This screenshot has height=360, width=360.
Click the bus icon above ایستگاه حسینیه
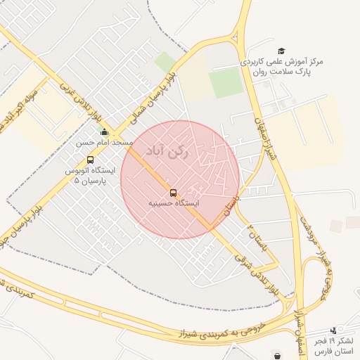pos(173,193)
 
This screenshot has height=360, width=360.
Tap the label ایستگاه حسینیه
pos(173,203)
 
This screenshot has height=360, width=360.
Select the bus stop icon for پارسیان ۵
pos(90,160)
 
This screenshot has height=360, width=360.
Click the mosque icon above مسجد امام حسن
pos(105,131)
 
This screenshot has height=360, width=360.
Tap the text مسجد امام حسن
pos(105,142)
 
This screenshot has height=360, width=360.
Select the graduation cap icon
pos(281,51)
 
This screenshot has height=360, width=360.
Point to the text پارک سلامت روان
pos(284,72)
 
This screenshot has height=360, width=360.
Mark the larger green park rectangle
pos(226,84)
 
